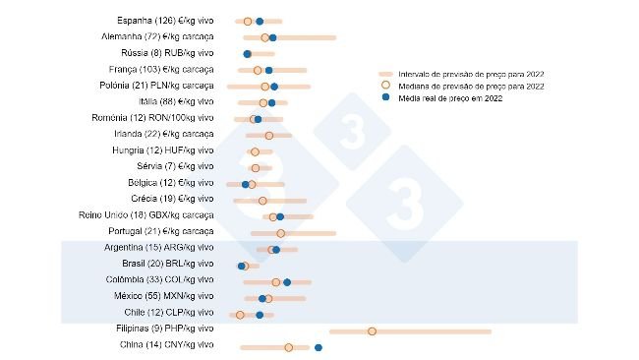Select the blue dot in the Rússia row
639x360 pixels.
tap(247, 53)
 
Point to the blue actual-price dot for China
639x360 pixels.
tap(319, 347)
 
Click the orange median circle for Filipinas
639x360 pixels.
tap(372, 330)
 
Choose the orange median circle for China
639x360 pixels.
tap(288, 347)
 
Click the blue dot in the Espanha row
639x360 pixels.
tap(260, 21)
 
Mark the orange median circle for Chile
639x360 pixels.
tap(240, 315)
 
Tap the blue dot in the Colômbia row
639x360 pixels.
tap(287, 282)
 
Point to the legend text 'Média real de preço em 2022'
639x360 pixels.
tap(451, 99)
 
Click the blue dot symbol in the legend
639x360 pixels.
tap(386, 99)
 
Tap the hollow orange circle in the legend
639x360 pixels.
tap(386, 87)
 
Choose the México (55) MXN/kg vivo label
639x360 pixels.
tap(163, 296)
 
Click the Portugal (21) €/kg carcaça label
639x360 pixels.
tap(161, 231)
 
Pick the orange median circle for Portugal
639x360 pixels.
tap(280, 233)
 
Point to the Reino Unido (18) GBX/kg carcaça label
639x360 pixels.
tap(145, 214)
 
